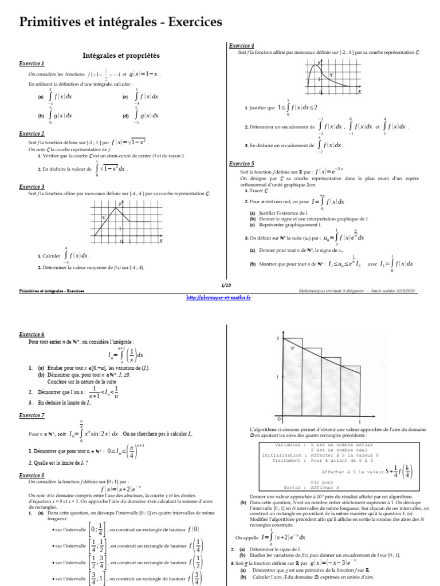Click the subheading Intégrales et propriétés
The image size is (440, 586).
coord(121,56)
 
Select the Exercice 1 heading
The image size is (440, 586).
coord(32,64)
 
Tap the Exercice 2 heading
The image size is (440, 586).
coord(32,133)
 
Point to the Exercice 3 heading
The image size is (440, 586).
coord(32,187)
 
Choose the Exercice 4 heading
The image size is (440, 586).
coord(241,46)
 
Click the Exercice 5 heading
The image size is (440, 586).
coord(241,164)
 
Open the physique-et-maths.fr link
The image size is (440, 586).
coord(219,298)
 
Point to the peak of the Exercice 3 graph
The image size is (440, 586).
coord(117,208)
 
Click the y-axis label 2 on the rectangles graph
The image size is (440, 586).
coord(278,339)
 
